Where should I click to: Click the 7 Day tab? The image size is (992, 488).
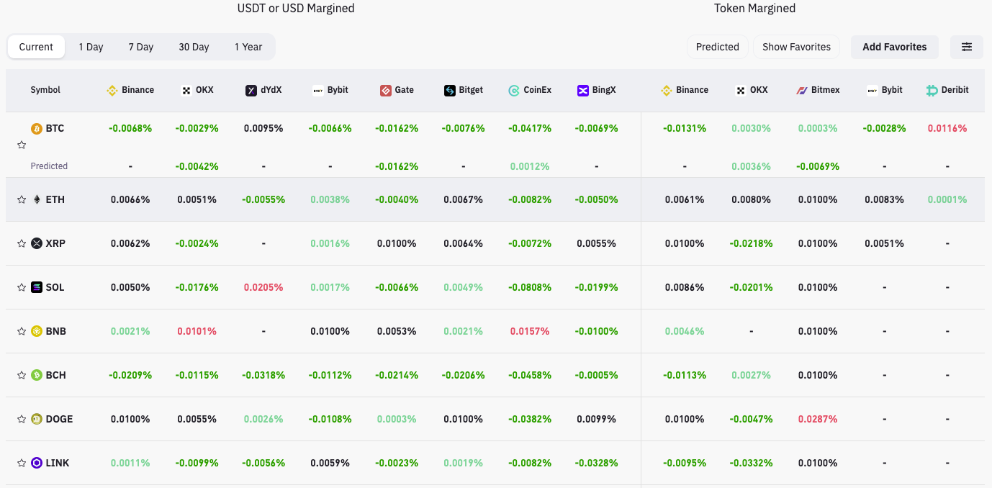pyautogui.click(x=141, y=47)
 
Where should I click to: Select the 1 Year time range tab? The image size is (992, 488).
pyautogui.click(x=248, y=47)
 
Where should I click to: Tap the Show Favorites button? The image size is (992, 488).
pyautogui.click(x=796, y=47)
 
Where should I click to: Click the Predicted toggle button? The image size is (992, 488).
pyautogui.click(x=717, y=47)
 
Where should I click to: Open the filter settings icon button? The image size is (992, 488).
pyautogui.click(x=967, y=47)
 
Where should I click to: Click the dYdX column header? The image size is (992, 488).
pyautogui.click(x=263, y=90)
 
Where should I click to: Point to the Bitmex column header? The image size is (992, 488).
pyautogui.click(x=818, y=90)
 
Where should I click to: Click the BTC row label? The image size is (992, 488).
pyautogui.click(x=55, y=128)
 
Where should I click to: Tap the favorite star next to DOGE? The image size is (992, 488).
pyautogui.click(x=22, y=419)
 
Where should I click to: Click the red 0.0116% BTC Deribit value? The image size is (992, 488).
pyautogui.click(x=947, y=128)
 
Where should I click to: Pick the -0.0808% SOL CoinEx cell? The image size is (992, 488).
pyautogui.click(x=530, y=287)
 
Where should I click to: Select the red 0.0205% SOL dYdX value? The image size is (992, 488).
pyautogui.click(x=263, y=287)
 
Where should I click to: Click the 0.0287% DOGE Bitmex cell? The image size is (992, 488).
pyautogui.click(x=818, y=419)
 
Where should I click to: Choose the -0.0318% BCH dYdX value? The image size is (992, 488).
pyautogui.click(x=263, y=375)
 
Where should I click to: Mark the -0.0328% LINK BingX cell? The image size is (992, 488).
pyautogui.click(x=596, y=463)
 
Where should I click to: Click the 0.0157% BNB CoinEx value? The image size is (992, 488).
pyautogui.click(x=530, y=331)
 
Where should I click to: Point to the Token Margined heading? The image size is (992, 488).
pyautogui.click(x=754, y=9)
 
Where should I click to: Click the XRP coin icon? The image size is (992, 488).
pyautogui.click(x=37, y=243)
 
